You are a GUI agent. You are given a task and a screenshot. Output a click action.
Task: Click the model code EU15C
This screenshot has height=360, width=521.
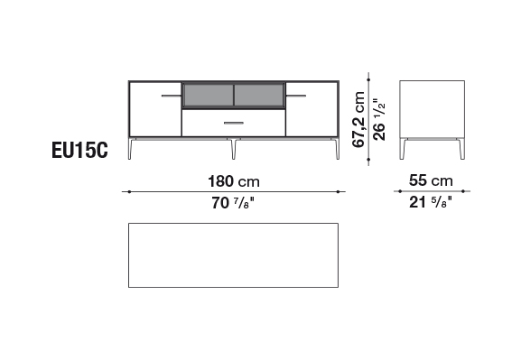(x=79, y=150)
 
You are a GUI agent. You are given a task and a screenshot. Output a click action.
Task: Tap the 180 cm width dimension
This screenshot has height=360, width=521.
(x=234, y=181)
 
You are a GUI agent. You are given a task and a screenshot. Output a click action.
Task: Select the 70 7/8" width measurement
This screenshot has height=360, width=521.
(x=233, y=203)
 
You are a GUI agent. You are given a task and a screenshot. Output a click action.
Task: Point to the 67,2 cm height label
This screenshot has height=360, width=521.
(x=358, y=120)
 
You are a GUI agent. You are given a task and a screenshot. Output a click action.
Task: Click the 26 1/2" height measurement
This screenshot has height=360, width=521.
(x=379, y=120)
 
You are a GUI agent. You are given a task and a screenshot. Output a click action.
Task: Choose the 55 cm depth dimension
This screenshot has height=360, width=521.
(x=431, y=180)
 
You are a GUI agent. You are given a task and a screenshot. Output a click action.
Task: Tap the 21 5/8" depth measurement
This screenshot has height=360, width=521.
(x=431, y=202)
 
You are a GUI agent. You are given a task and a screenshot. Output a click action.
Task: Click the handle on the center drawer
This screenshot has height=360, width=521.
(x=234, y=123)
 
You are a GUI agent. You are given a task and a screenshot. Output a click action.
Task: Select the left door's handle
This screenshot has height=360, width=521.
(x=172, y=96)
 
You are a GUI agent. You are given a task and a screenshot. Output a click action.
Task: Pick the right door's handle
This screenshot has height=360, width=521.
(x=296, y=96)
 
